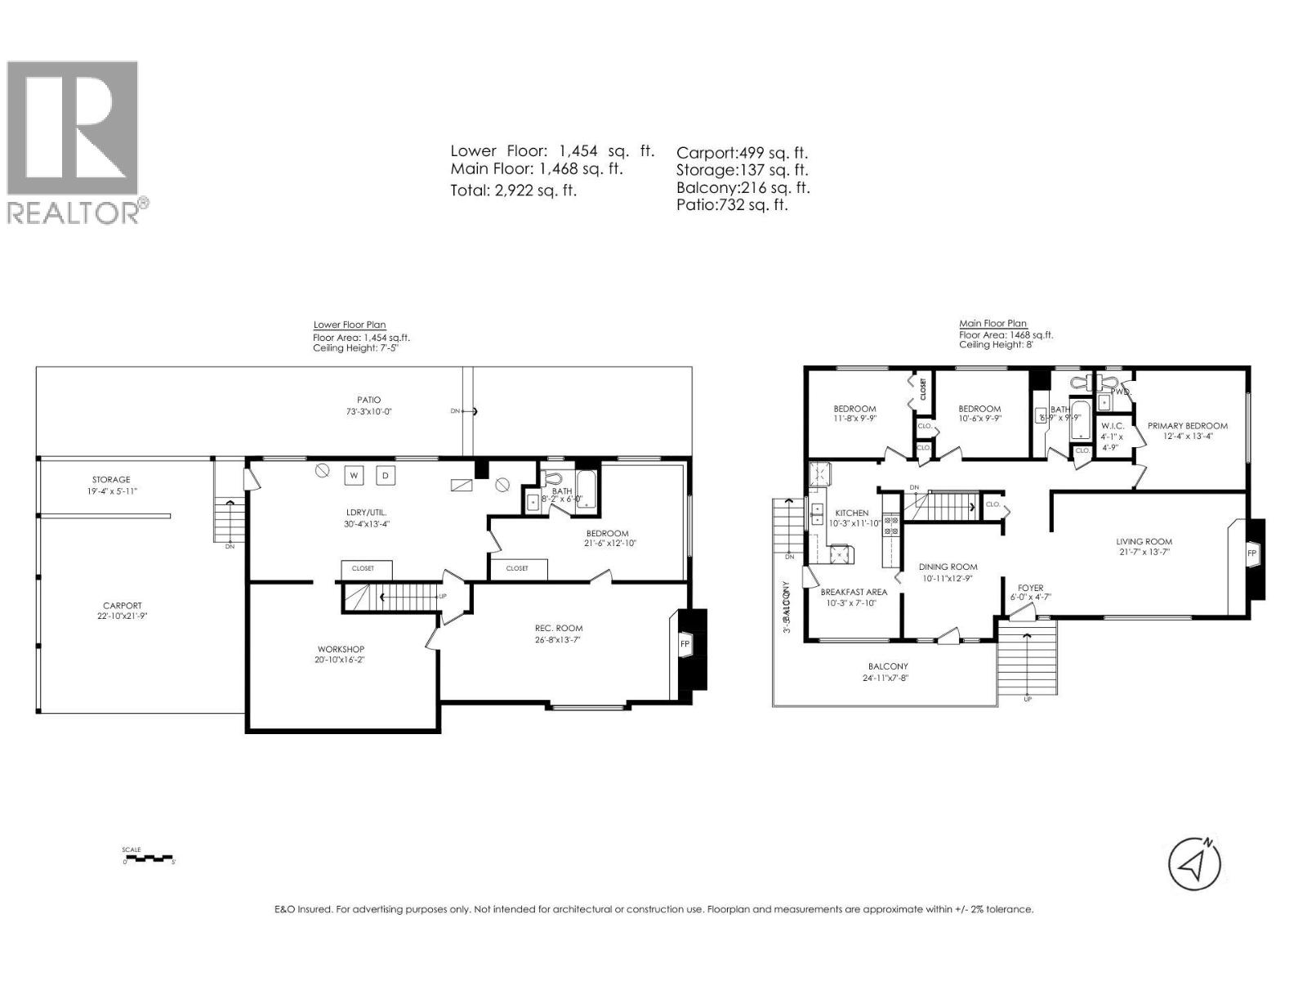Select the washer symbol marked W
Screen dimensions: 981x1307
[x=355, y=475]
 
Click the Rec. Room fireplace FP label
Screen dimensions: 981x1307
[x=685, y=643]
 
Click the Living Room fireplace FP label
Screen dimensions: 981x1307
[x=1251, y=553]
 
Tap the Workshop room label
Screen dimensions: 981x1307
[x=341, y=649]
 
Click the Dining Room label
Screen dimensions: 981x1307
[x=948, y=567]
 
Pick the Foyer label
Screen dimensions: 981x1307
[x=1030, y=588]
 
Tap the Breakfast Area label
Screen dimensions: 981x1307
[x=854, y=592]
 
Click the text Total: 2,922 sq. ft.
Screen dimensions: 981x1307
[x=514, y=190]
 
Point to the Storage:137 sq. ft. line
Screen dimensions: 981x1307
[x=742, y=170]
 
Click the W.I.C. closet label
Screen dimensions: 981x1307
[x=1113, y=426]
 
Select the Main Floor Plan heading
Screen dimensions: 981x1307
[x=993, y=324]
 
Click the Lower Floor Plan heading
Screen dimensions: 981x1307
[x=350, y=325]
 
